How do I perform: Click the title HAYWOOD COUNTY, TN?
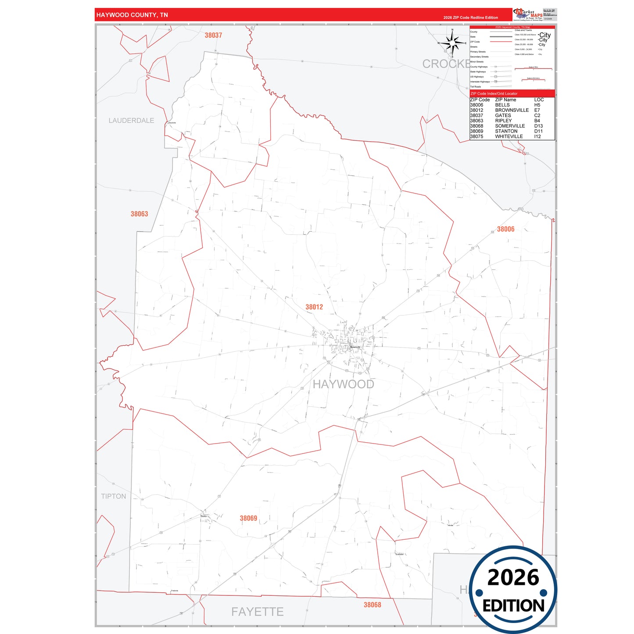click(132, 15)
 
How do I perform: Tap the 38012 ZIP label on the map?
click(314, 307)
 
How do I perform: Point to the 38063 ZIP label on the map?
click(139, 214)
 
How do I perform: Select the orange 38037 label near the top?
click(213, 36)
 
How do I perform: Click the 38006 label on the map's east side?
click(505, 229)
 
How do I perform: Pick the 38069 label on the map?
click(248, 518)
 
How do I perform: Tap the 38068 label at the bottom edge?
click(372, 605)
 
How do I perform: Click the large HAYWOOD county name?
click(343, 384)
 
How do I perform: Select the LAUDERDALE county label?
click(131, 120)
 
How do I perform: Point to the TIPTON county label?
click(113, 496)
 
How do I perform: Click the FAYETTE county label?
click(257, 611)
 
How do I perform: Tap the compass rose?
click(452, 43)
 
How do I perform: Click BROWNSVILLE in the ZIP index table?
click(512, 110)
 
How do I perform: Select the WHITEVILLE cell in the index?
click(509, 136)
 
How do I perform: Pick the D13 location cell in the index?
click(538, 126)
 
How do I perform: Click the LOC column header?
click(539, 100)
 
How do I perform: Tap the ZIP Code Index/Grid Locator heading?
click(494, 93)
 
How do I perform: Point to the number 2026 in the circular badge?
click(513, 577)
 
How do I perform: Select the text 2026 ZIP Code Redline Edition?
click(470, 18)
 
